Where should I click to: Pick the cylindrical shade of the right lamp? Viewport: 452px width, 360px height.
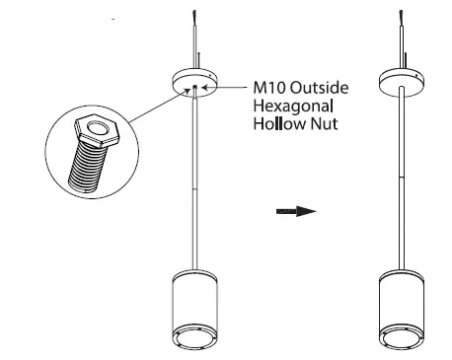[404, 296]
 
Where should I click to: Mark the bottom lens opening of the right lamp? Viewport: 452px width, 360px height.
[404, 339]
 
